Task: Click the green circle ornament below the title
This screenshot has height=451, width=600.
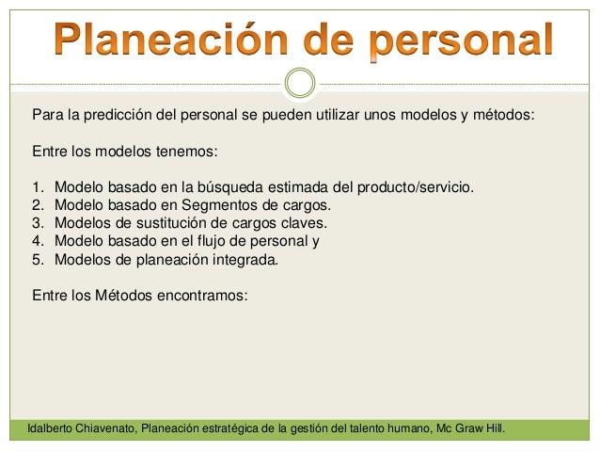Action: tap(300, 84)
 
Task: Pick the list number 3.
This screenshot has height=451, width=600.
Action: tap(38, 223)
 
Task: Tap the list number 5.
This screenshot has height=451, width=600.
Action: tap(38, 259)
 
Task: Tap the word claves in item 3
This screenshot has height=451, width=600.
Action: tap(304, 223)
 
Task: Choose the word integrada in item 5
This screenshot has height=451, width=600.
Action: tap(245, 259)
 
